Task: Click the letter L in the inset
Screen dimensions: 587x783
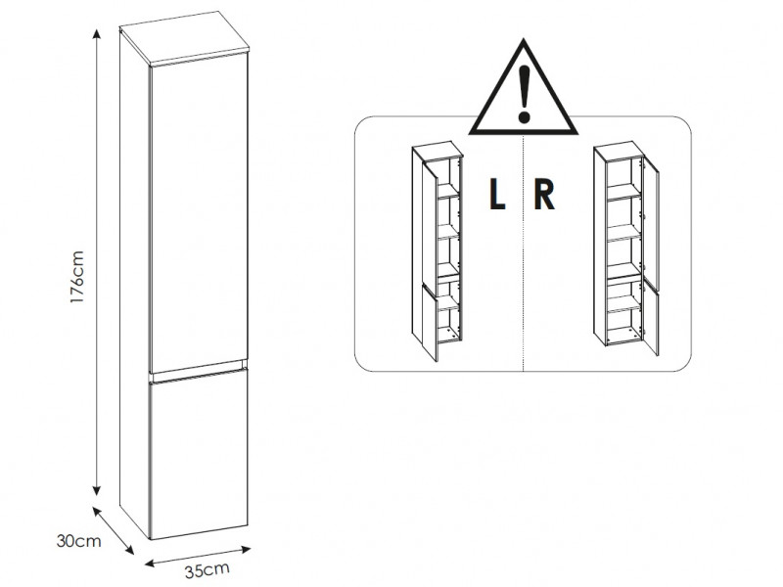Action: tap(497, 196)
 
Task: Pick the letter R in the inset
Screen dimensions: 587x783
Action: tap(545, 196)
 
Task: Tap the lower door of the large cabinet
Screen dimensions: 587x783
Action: tap(198, 455)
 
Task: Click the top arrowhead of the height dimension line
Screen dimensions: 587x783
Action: tap(97, 33)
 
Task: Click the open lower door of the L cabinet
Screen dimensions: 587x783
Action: tap(427, 323)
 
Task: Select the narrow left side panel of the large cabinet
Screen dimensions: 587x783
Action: tap(133, 284)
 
